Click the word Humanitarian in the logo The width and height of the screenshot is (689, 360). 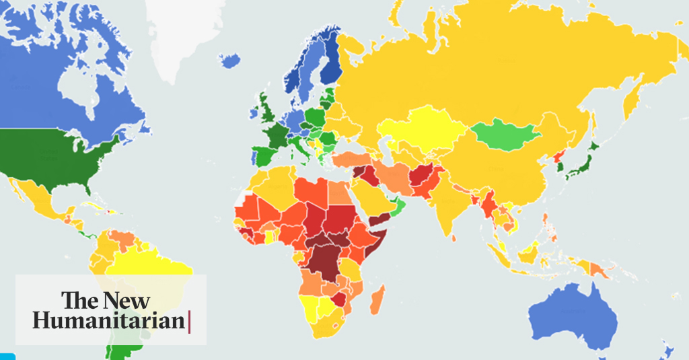108,321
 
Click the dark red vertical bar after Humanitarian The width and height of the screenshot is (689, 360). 189,321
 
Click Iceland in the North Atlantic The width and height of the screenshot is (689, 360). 231,61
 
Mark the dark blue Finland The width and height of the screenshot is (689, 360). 330,64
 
